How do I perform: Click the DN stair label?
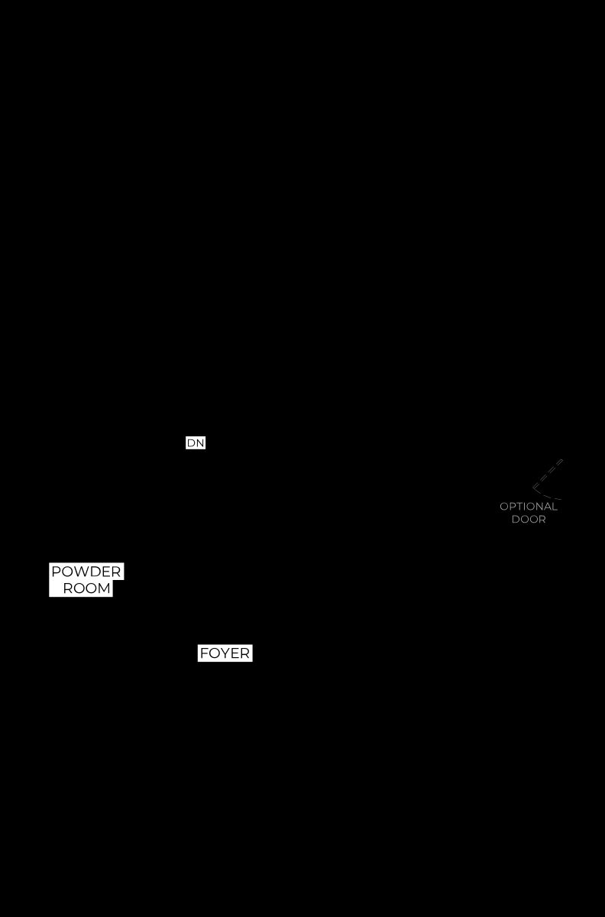click(x=196, y=442)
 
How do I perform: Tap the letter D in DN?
click(x=191, y=442)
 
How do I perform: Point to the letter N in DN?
click(x=199, y=442)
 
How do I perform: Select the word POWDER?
click(x=86, y=571)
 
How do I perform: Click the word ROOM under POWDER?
click(x=87, y=588)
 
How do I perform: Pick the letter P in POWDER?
click(x=56, y=571)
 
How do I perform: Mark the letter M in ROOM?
click(x=105, y=588)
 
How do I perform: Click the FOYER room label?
click(x=225, y=653)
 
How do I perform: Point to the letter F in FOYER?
click(x=204, y=653)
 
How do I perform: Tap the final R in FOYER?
click(x=244, y=653)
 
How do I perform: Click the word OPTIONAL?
click(x=529, y=507)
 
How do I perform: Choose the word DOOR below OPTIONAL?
click(x=529, y=519)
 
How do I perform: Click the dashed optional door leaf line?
click(x=548, y=474)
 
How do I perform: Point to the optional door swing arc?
click(x=545, y=494)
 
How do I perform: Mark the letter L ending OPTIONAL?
click(x=555, y=507)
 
